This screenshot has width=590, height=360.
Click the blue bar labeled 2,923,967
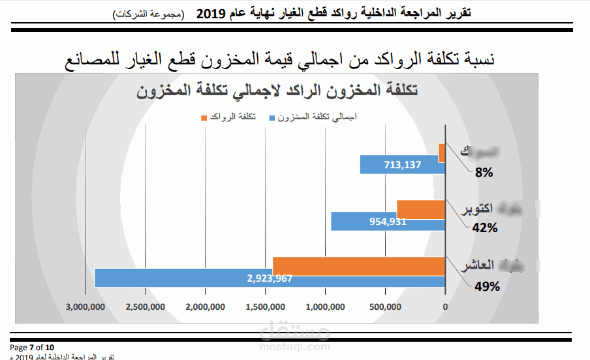pyautogui.click(x=270, y=278)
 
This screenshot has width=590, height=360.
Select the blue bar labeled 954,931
pyautogui.click(x=388, y=221)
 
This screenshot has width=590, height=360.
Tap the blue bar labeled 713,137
pyautogui.click(x=402, y=164)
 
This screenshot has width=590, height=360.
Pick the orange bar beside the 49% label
pyautogui.click(x=358, y=266)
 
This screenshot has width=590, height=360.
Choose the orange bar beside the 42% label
pyautogui.click(x=420, y=209)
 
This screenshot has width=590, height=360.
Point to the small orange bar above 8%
pyautogui.click(x=442, y=153)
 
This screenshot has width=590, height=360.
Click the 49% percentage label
pyautogui.click(x=487, y=286)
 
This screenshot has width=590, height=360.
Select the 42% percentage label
pyautogui.click(x=485, y=228)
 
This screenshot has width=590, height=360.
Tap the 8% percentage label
pyautogui.click(x=484, y=173)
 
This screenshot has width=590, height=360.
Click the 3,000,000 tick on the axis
pyautogui.click(x=85, y=307)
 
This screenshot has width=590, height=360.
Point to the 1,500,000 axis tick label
pyautogui.click(x=265, y=307)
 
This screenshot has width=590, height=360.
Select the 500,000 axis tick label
pyautogui.click(x=385, y=307)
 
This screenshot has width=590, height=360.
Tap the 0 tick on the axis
pyautogui.click(x=445, y=307)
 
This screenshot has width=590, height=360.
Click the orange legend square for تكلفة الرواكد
pyautogui.click(x=205, y=117)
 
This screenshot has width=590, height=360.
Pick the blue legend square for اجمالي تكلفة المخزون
pyautogui.click(x=270, y=117)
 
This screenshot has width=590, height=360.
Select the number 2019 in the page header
pyautogui.click(x=211, y=12)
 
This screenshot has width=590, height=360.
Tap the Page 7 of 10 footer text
pyautogui.click(x=32, y=347)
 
